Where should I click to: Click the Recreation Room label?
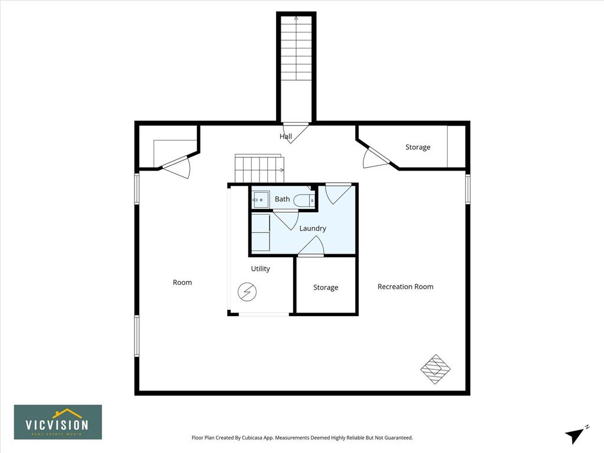click(x=405, y=287)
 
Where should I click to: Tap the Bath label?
click(x=282, y=199)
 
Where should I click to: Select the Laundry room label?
click(x=313, y=228)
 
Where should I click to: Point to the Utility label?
click(x=260, y=268)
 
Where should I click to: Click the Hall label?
click(x=285, y=136)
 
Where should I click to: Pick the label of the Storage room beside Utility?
click(x=326, y=287)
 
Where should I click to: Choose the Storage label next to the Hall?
click(x=418, y=147)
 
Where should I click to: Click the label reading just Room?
click(x=182, y=283)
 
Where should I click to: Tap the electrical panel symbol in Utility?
click(x=247, y=292)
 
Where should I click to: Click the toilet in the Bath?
click(x=304, y=201)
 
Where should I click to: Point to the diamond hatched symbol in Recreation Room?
click(x=435, y=369)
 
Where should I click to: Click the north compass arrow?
click(x=575, y=435)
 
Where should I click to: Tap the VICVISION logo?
click(x=58, y=422)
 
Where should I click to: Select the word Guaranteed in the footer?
click(x=399, y=438)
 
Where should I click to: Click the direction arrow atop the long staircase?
click(x=296, y=18)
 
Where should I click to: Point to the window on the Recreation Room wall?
click(x=468, y=189)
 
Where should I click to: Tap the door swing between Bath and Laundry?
click(x=285, y=220)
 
